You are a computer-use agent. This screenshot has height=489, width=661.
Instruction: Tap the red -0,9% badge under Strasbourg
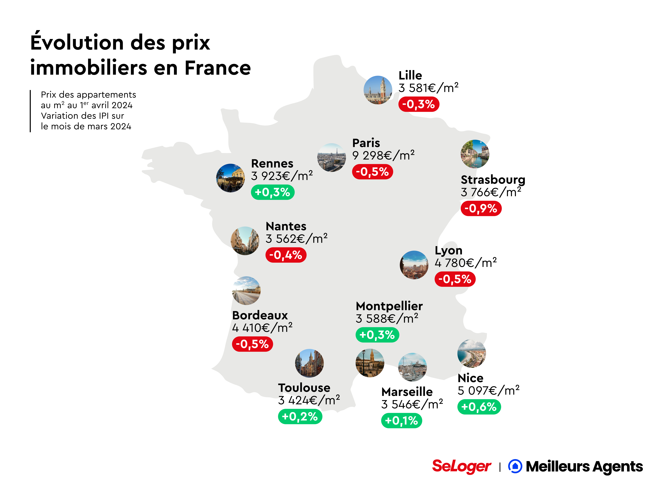[x=481, y=208]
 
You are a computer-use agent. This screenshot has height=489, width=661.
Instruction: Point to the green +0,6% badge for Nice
[x=479, y=407]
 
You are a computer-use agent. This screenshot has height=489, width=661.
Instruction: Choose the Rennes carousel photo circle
[x=230, y=178]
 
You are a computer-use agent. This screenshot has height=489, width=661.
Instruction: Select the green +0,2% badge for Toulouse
[x=300, y=416]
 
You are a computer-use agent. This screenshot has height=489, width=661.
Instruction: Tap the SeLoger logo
[x=461, y=467]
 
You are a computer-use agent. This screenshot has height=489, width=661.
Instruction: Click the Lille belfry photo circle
[x=378, y=90]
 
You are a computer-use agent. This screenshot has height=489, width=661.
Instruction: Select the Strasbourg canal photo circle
[x=475, y=154]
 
